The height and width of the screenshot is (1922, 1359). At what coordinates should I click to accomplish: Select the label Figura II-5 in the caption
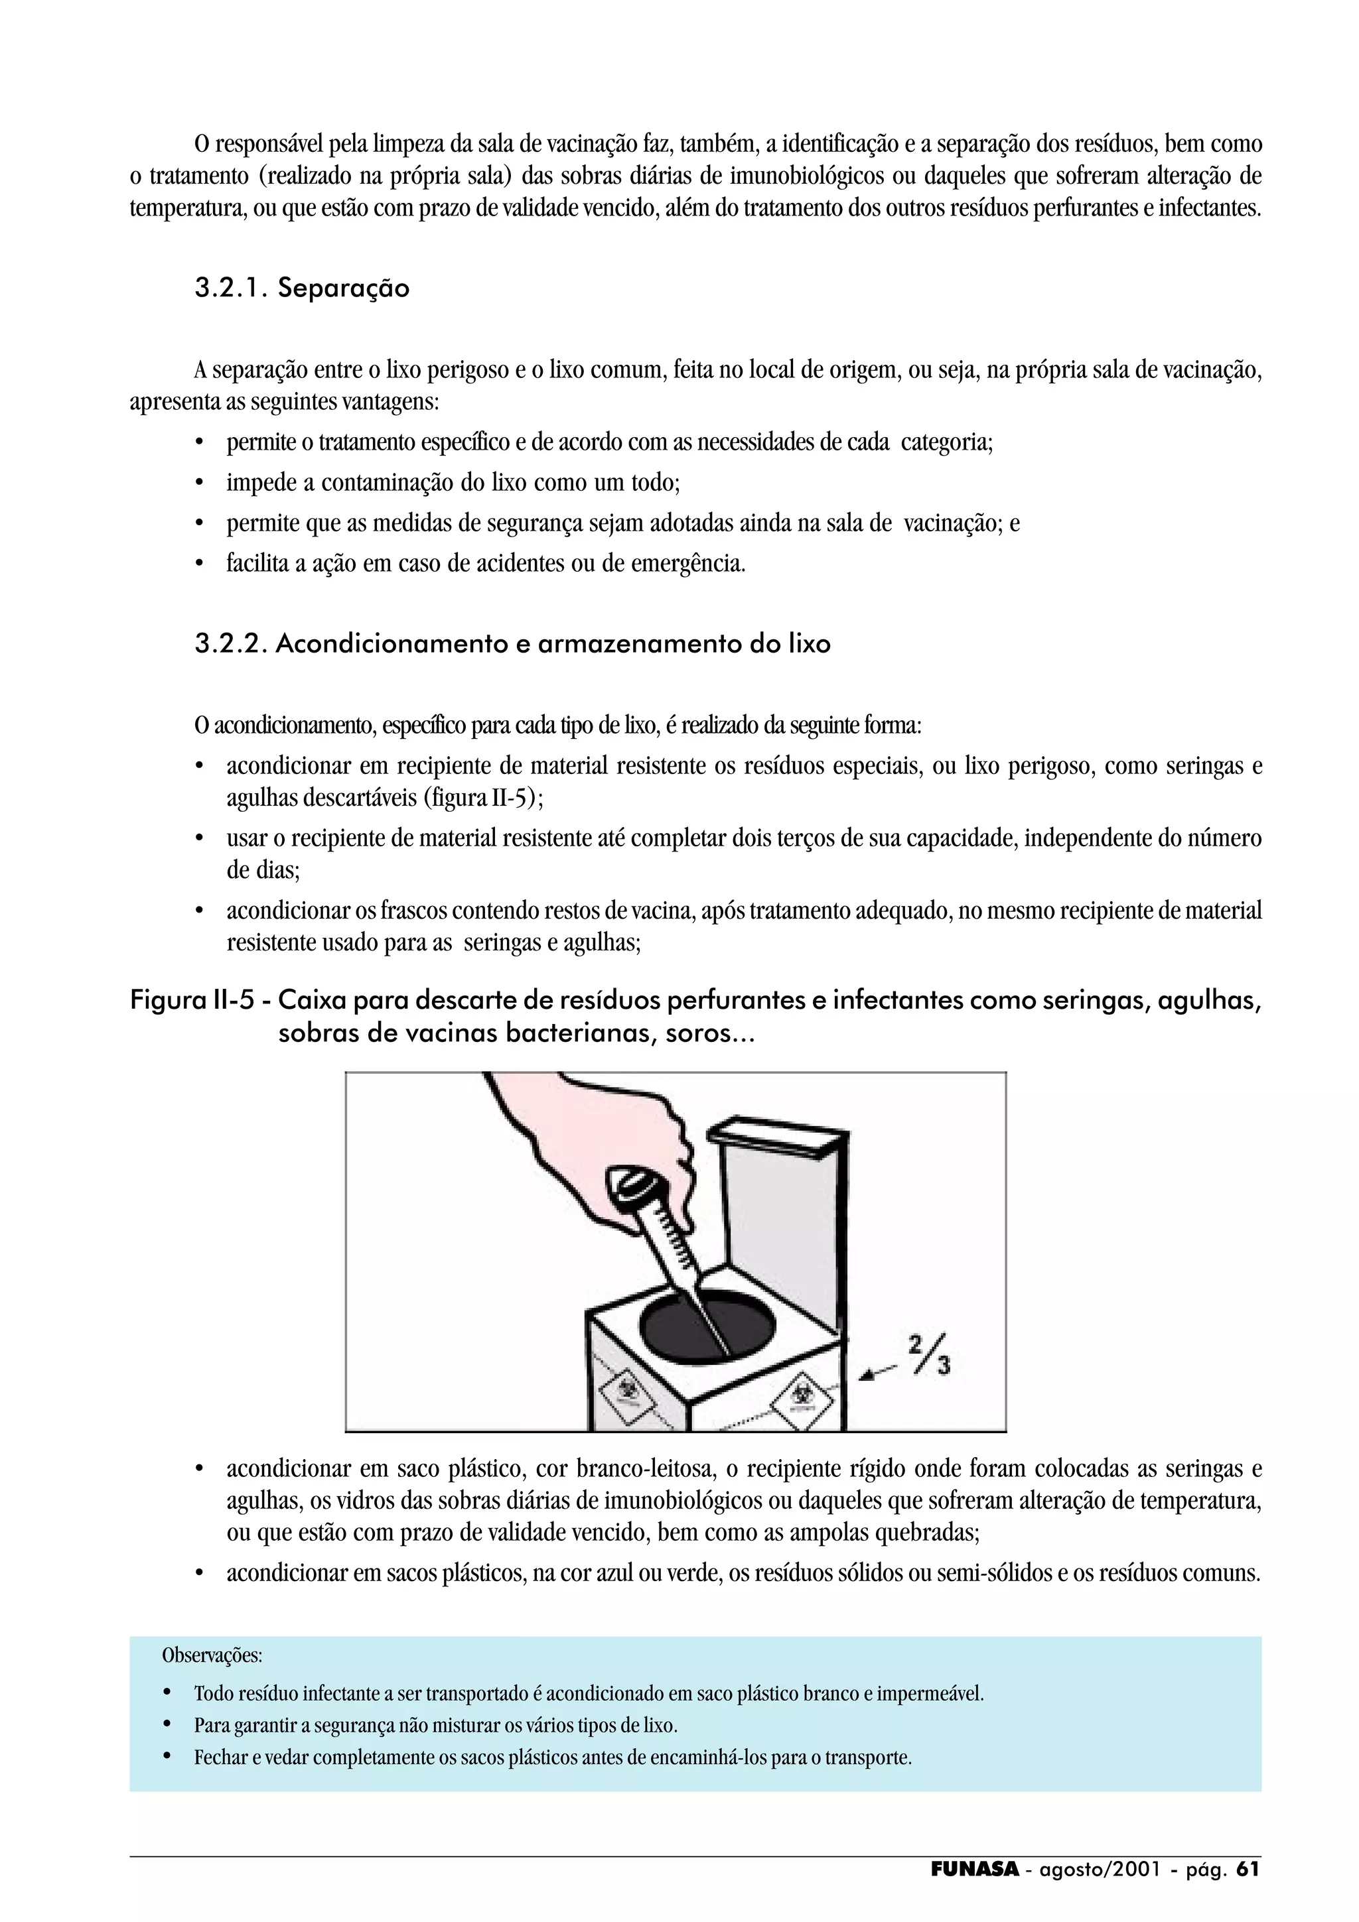(192, 1000)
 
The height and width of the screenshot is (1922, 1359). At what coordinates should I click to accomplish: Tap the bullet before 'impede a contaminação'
(199, 484)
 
